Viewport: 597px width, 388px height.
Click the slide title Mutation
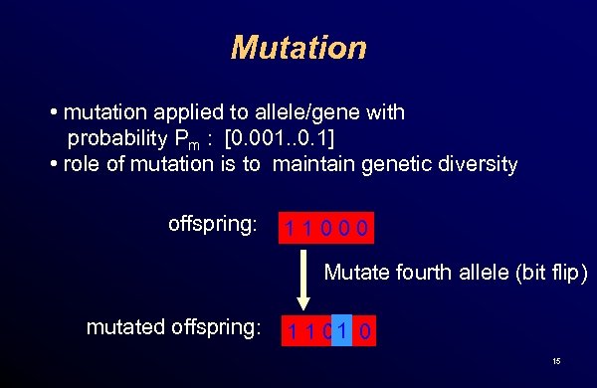tap(298, 47)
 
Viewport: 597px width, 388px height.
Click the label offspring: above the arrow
tap(212, 225)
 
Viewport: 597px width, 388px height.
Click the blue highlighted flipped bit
tap(342, 329)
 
